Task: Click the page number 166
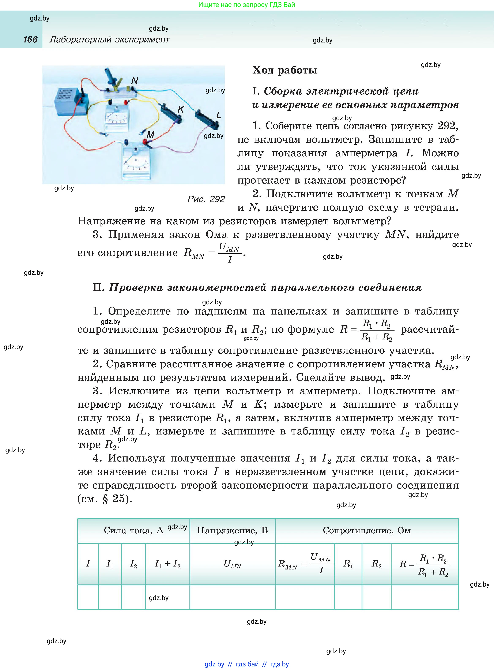[30, 39]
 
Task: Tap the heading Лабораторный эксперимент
[109, 39]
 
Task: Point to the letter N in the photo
[135, 80]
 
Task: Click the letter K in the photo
[181, 109]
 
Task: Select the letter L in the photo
[219, 115]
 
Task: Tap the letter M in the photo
[150, 135]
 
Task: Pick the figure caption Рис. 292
[206, 199]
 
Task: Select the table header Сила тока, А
[133, 530]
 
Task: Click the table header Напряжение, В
[232, 530]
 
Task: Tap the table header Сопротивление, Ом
[367, 530]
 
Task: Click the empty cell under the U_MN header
[232, 597]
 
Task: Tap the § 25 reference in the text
[117, 499]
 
